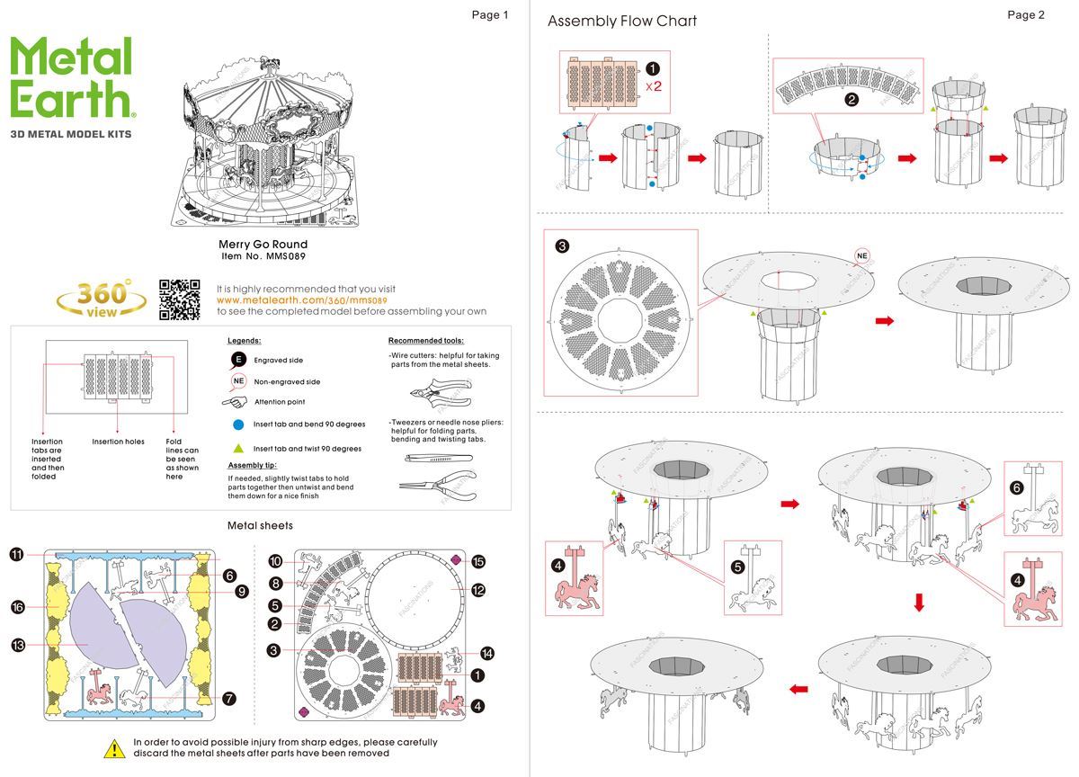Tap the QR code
[179, 299]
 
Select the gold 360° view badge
[101, 299]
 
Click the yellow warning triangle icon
[114, 747]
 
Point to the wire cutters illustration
[436, 392]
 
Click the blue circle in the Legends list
[238, 424]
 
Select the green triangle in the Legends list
[238, 448]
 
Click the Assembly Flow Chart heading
[621, 21]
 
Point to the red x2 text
[654, 86]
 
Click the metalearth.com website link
[301, 300]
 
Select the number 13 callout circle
[17, 645]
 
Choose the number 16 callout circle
[17, 608]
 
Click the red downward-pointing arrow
[918, 603]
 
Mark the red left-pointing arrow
[797, 690]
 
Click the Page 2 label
[1026, 14]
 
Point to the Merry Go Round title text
[263, 245]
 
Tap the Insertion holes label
[118, 442]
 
